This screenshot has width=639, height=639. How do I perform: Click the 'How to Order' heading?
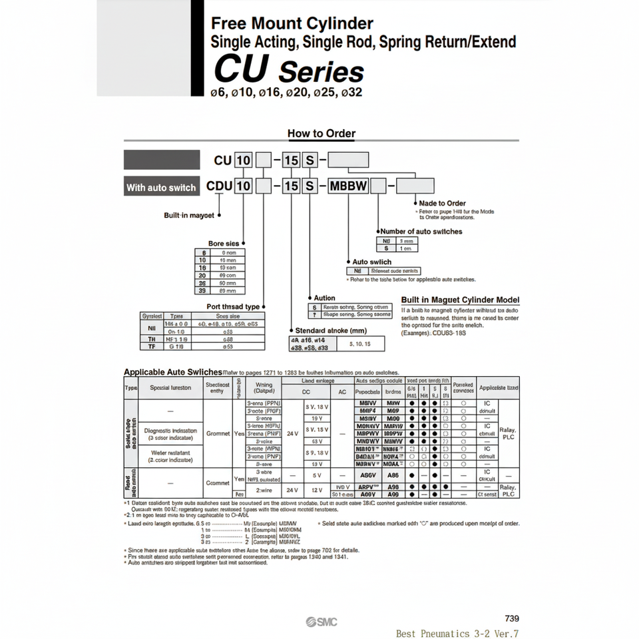coord(321,133)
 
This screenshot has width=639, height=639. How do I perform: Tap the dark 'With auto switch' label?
coord(161,187)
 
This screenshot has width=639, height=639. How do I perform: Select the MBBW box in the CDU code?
coord(349,186)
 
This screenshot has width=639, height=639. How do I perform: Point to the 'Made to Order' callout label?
coord(442,203)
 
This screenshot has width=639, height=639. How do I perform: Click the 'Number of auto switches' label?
coord(421,231)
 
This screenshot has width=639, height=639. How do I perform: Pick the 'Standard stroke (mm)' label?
coord(331,330)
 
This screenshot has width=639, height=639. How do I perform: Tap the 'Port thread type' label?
coord(233,306)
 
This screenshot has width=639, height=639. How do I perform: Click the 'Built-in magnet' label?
coord(189,215)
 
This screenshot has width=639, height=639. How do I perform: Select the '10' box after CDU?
coord(244,186)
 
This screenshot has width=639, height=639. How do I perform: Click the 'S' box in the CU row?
coord(310,160)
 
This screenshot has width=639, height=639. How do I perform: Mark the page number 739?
coord(512,618)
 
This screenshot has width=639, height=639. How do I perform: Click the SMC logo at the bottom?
coord(321,622)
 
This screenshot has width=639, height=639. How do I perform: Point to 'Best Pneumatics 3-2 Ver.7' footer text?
coord(457,634)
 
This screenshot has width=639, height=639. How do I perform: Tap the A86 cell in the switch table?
coord(393,475)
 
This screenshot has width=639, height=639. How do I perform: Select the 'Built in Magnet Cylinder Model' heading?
coord(460,300)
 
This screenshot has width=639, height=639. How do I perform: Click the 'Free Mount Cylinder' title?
coord(292,24)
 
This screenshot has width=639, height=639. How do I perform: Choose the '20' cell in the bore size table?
coord(202,274)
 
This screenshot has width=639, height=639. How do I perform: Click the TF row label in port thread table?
coord(152,346)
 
